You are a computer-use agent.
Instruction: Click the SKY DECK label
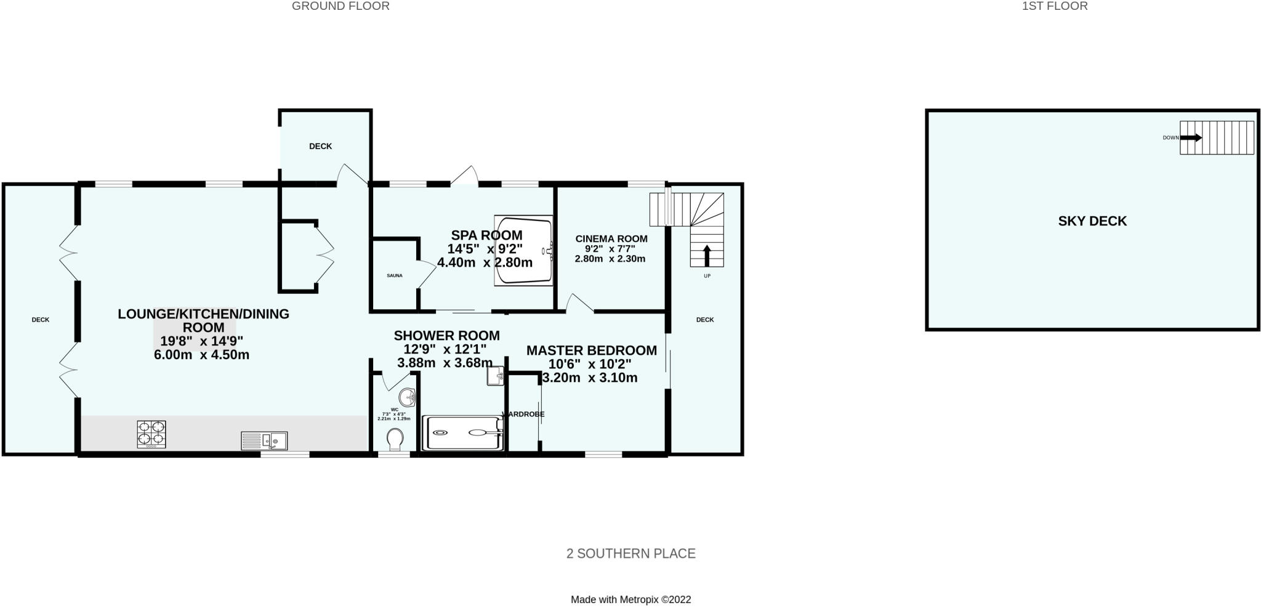pyautogui.click(x=1092, y=221)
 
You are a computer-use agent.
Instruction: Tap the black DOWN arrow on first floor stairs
pyautogui.click(x=1190, y=137)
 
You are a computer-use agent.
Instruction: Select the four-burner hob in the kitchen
pyautogui.click(x=151, y=433)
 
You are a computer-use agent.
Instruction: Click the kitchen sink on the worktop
pyautogui.click(x=264, y=440)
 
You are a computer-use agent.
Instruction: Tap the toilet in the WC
pyautogui.click(x=395, y=439)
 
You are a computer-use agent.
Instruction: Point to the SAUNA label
pyautogui.click(x=395, y=275)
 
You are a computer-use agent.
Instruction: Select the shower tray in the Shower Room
pyautogui.click(x=462, y=432)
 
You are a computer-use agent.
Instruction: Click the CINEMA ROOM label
pyautogui.click(x=611, y=238)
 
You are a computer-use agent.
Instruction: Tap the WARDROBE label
pyautogui.click(x=524, y=415)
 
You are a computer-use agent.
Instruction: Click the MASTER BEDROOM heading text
pyautogui.click(x=591, y=351)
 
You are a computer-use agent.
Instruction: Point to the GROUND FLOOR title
pyautogui.click(x=340, y=6)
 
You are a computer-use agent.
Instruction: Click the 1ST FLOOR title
pyautogui.click(x=1055, y=6)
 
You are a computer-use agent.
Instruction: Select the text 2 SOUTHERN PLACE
pyautogui.click(x=630, y=553)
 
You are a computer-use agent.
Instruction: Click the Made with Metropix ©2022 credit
pyautogui.click(x=630, y=599)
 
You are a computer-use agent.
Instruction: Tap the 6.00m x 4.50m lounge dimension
pyautogui.click(x=201, y=355)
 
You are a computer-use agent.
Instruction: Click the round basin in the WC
pyautogui.click(x=406, y=397)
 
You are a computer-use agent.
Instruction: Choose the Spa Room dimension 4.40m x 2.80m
pyautogui.click(x=485, y=262)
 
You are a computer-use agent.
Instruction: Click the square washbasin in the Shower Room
pyautogui.click(x=496, y=376)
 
